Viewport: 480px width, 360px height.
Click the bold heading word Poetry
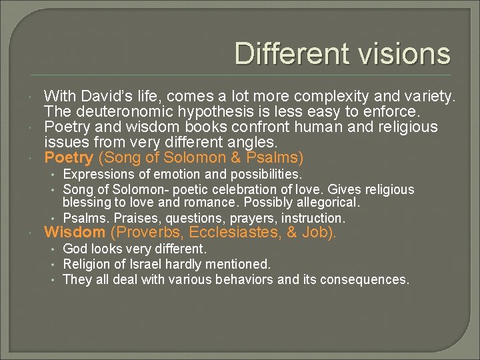click(69, 158)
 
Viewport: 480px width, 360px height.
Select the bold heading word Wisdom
click(75, 233)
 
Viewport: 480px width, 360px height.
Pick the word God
click(74, 249)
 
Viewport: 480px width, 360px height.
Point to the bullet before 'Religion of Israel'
click(51, 265)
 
